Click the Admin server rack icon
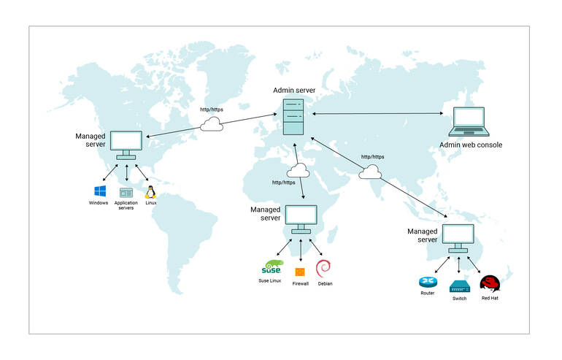[x=293, y=115]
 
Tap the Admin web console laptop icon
[x=469, y=122]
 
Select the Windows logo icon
[x=99, y=192]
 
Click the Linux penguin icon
[x=150, y=192]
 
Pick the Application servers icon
[x=126, y=193]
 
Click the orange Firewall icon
[x=300, y=272]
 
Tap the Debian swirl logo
[x=324, y=268]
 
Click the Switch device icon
[x=459, y=286]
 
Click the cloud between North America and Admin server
[x=212, y=124]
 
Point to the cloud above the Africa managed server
[x=298, y=171]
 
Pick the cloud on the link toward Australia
[x=371, y=172]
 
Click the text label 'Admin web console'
[x=470, y=145]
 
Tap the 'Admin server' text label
[x=294, y=91]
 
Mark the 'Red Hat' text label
[x=490, y=298]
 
